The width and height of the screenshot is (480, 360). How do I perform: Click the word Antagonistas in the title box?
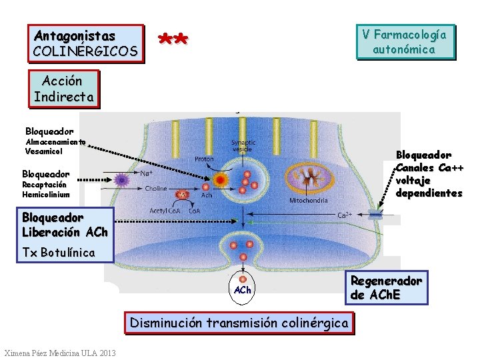tap(75, 36)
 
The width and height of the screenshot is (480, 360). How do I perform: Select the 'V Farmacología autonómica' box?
tap(405, 41)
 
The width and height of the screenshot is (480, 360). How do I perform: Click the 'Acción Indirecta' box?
tap(63, 90)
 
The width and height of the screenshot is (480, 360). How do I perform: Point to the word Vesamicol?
tap(45, 151)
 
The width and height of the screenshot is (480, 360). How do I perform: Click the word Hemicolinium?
tap(45, 195)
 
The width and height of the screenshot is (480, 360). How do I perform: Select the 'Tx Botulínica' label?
tap(59, 253)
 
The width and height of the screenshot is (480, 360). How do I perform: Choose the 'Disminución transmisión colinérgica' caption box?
tap(239, 323)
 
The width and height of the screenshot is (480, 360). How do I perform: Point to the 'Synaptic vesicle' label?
tap(243, 145)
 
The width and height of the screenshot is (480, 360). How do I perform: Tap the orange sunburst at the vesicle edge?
tap(221, 180)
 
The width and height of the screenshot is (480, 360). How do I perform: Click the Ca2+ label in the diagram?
tap(345, 215)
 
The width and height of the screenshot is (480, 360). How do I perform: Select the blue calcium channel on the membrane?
tap(376, 215)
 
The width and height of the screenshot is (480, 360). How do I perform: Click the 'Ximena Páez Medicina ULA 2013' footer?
tap(59, 353)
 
